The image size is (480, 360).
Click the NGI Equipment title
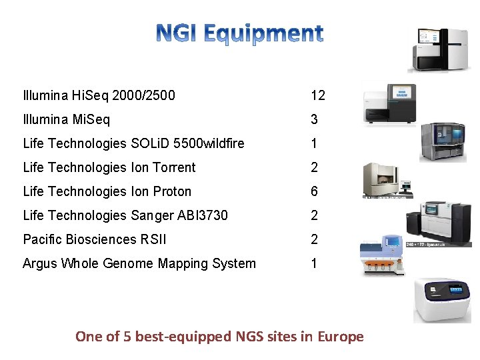click(x=240, y=33)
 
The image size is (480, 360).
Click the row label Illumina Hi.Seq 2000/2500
click(x=99, y=95)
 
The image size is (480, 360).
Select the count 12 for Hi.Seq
click(x=317, y=95)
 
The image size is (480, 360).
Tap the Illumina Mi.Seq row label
click(x=67, y=119)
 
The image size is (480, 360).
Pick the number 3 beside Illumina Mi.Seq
click(x=314, y=119)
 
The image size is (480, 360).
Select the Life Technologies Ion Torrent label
click(x=109, y=167)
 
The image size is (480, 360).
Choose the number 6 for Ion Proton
click(x=314, y=191)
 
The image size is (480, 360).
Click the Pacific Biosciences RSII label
click(x=94, y=239)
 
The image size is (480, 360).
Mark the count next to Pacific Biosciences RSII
click(x=314, y=239)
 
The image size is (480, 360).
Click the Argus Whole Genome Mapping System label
click(x=139, y=263)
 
